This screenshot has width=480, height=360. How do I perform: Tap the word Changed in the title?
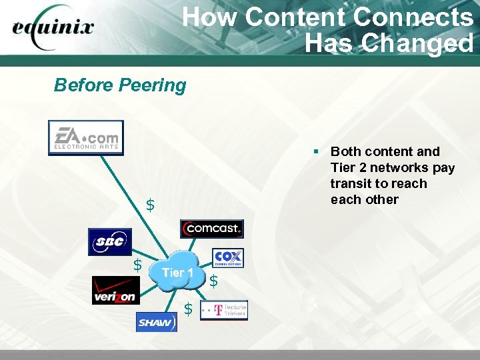[x=417, y=43]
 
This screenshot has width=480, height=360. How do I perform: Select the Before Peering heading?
[x=120, y=85]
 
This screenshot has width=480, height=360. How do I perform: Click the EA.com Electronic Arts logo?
[x=86, y=137]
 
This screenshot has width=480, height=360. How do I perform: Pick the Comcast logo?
[x=212, y=229]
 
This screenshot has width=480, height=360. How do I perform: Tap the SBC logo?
[x=110, y=242]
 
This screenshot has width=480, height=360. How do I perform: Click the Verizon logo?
[x=116, y=290]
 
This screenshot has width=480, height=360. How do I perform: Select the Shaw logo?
[x=156, y=323]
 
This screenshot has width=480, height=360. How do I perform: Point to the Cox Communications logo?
[x=228, y=258]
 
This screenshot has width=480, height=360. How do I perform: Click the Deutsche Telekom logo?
[x=224, y=310]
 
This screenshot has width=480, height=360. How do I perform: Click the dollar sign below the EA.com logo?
[x=150, y=205]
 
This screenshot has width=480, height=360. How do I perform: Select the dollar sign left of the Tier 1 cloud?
[x=137, y=265]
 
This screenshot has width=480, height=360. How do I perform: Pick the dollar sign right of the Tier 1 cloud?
[x=213, y=281]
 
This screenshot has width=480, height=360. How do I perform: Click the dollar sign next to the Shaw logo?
[x=188, y=309]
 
